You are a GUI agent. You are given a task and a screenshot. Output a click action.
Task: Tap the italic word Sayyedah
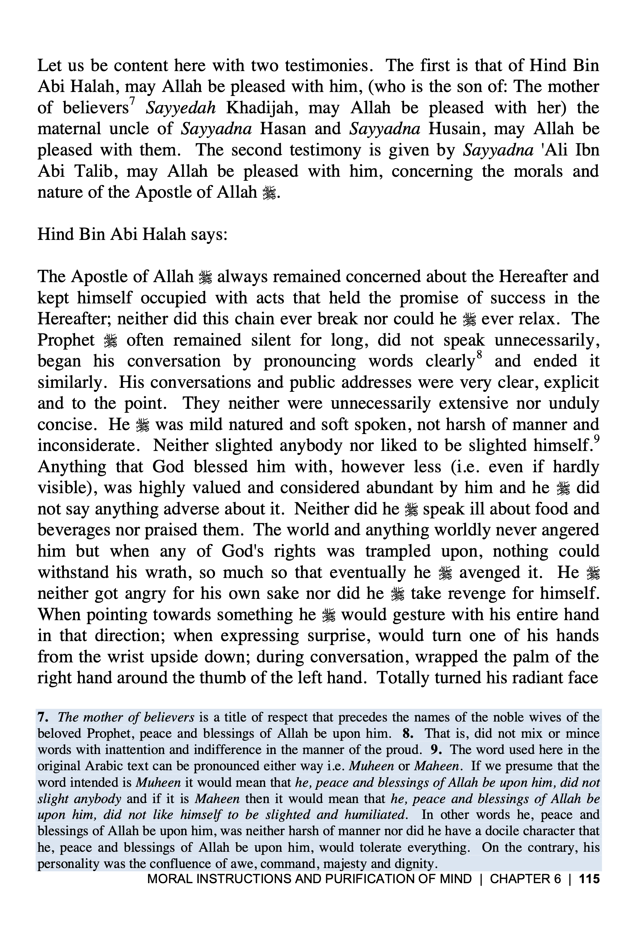tap(180, 108)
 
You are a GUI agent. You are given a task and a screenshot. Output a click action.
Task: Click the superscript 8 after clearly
tap(479, 355)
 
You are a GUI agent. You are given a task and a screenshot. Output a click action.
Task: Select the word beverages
tap(74, 530)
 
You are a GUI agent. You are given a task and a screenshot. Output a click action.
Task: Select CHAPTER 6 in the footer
tap(525, 879)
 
